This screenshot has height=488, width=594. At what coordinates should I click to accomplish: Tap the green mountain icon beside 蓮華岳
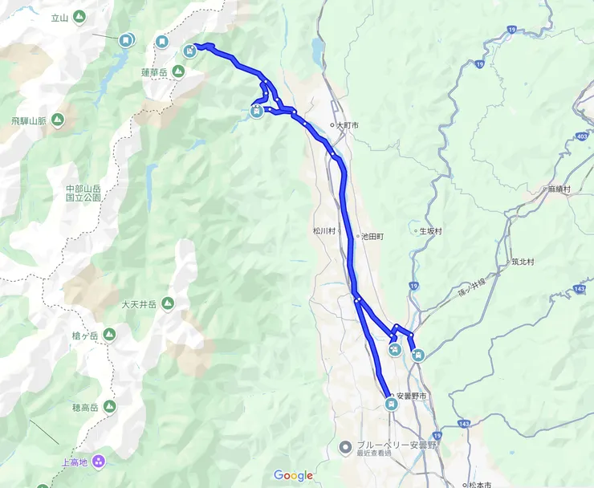177,71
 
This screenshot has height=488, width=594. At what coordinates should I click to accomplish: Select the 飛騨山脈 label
31,120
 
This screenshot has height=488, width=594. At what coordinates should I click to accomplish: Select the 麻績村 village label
558,189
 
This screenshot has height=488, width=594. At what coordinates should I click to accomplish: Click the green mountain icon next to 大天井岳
168,304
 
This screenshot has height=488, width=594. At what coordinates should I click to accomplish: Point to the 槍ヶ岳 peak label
83,335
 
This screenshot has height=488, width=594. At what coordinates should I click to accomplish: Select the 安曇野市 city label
412,397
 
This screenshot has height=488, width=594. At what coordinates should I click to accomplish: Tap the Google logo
293,475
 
